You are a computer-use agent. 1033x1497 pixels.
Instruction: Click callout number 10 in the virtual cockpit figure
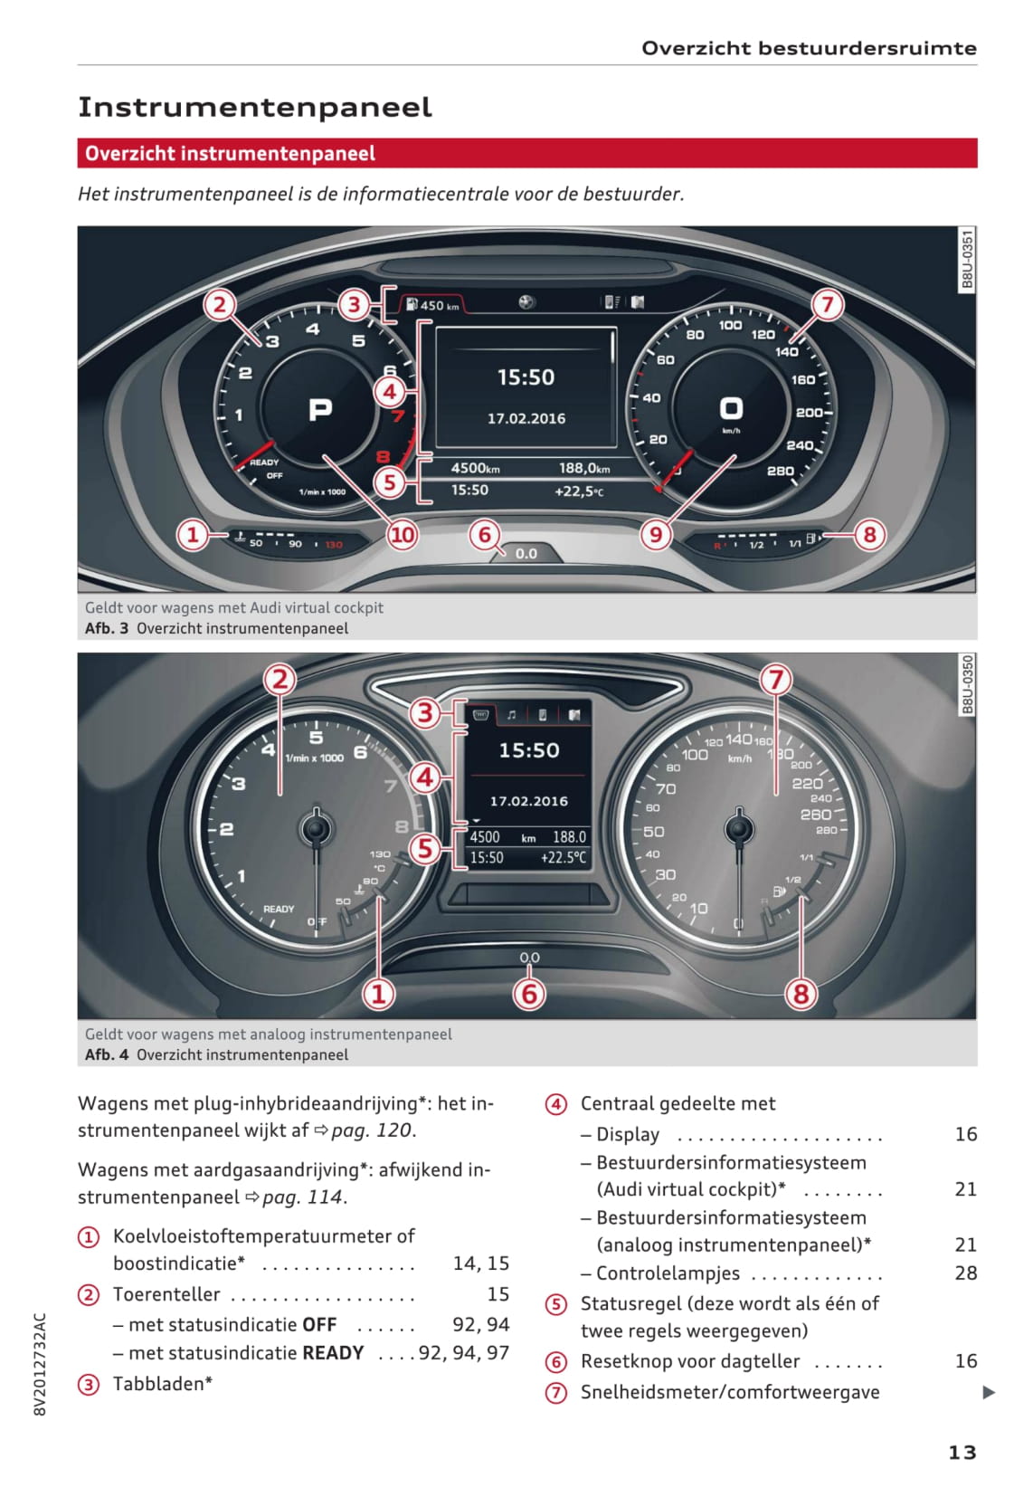click(x=402, y=535)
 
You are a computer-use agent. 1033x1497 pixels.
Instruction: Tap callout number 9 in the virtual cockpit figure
click(x=656, y=535)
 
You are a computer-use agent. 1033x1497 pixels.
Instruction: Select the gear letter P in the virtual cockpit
click(x=320, y=411)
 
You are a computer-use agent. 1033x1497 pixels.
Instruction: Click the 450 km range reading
click(x=439, y=306)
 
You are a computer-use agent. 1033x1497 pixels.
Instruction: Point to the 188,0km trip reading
click(x=583, y=468)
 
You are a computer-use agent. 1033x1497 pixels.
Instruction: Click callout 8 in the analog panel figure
click(x=801, y=994)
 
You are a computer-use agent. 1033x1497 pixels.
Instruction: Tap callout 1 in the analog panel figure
click(x=379, y=994)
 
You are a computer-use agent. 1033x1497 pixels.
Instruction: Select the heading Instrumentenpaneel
click(x=255, y=107)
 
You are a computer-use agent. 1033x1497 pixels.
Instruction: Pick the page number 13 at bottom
click(x=962, y=1452)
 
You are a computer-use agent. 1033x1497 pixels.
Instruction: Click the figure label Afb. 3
click(x=107, y=628)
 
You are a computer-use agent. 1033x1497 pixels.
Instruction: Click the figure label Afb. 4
click(x=107, y=1054)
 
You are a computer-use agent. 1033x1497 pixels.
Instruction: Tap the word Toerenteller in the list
click(x=166, y=1294)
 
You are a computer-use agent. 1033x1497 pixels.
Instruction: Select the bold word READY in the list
click(x=333, y=1353)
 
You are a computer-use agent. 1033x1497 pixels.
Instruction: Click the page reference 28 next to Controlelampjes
click(x=965, y=1273)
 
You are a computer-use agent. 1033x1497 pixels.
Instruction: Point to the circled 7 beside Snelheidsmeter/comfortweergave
click(x=555, y=1393)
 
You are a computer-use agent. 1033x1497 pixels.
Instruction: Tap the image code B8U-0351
click(x=966, y=260)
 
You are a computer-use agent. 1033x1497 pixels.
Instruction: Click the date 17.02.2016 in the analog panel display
click(x=528, y=801)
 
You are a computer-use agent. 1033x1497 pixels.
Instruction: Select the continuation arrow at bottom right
click(x=989, y=1393)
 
